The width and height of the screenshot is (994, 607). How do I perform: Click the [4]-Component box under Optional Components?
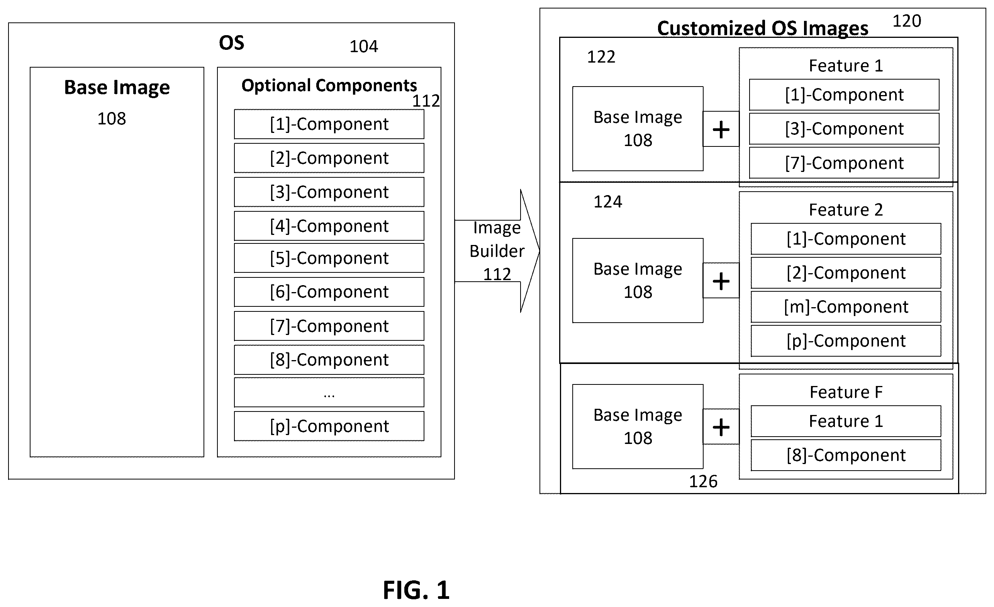(x=329, y=226)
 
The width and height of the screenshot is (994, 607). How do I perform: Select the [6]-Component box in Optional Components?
(x=329, y=292)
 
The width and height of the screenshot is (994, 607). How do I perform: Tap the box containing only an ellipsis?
(x=329, y=392)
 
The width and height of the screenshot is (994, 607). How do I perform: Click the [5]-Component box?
(x=329, y=258)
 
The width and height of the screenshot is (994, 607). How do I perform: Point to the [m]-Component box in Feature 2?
(x=846, y=307)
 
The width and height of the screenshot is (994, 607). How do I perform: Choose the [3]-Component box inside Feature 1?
(x=844, y=129)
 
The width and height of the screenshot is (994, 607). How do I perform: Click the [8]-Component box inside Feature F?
(x=846, y=455)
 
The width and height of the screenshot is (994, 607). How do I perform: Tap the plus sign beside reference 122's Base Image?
(x=721, y=129)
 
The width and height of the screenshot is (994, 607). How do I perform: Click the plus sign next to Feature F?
(x=721, y=427)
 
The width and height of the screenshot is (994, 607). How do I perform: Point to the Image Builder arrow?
(x=497, y=251)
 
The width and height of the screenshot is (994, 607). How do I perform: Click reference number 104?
(x=363, y=46)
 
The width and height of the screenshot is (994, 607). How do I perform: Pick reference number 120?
(x=906, y=21)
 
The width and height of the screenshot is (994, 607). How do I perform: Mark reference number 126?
(x=703, y=481)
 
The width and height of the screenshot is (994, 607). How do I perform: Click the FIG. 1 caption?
(x=416, y=590)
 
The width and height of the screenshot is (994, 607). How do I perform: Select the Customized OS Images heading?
(x=762, y=28)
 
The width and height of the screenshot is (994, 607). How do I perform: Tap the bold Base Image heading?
(x=117, y=88)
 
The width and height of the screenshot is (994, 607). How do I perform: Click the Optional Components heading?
(x=329, y=85)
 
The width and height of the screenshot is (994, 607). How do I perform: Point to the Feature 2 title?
(x=846, y=210)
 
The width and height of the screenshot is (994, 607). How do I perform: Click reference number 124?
(x=607, y=202)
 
